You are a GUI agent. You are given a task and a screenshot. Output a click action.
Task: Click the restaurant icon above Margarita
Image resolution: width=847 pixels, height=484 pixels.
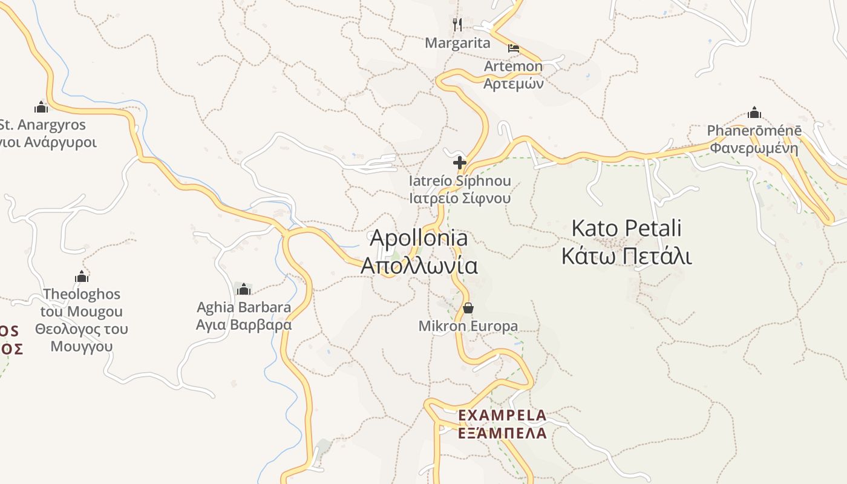(x=457, y=25)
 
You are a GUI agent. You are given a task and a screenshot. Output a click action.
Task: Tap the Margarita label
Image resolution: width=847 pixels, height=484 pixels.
(x=457, y=43)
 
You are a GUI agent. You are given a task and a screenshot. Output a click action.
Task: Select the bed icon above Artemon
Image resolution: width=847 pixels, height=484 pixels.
(x=514, y=48)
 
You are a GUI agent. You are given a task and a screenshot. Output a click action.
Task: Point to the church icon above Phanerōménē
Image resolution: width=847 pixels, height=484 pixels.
(x=754, y=113)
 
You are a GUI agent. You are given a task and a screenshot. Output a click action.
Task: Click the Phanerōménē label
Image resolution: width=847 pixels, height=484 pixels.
(x=754, y=131)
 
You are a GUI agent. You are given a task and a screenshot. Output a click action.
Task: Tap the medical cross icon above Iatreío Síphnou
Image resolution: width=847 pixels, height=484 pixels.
(x=460, y=163)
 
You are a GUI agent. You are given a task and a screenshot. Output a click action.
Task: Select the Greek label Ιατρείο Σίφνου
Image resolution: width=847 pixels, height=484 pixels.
(x=460, y=198)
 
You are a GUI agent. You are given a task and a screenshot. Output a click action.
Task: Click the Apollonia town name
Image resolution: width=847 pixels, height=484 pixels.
(x=419, y=238)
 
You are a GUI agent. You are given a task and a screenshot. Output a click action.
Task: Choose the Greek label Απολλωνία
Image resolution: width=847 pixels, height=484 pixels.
(x=419, y=266)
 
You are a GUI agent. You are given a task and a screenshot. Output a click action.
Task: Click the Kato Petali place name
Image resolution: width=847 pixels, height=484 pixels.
(x=626, y=229)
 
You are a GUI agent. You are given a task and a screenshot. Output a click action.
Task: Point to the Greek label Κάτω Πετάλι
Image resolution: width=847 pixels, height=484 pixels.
(x=626, y=257)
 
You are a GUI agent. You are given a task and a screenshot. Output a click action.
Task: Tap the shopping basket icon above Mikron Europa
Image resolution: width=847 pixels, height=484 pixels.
(x=468, y=309)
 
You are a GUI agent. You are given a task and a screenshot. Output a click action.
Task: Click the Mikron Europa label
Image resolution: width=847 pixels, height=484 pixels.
(x=468, y=327)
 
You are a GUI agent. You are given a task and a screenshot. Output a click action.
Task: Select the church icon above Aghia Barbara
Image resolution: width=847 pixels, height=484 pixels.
(x=244, y=289)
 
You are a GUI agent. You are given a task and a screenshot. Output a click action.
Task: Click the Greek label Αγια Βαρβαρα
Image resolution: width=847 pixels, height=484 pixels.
(x=244, y=325)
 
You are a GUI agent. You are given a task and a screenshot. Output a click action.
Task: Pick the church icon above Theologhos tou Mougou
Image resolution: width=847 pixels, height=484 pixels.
(x=82, y=277)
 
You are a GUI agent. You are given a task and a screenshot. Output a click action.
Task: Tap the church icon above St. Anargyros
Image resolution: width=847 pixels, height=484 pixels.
(x=41, y=107)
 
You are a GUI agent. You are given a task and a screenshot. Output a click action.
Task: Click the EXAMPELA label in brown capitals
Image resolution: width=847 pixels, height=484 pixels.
(x=502, y=416)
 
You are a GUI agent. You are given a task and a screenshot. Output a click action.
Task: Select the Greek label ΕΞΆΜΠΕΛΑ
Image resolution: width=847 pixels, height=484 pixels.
(x=502, y=433)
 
